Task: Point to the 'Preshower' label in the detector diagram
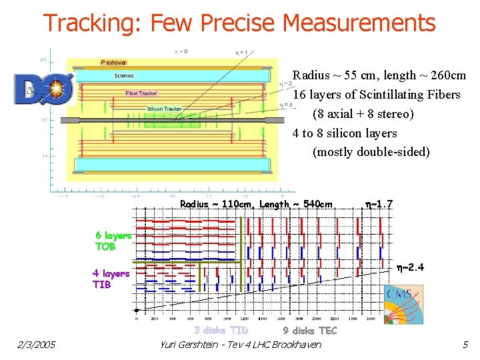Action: tap(114, 63)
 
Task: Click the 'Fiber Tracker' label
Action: tap(141, 93)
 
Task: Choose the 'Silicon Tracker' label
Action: tap(164, 109)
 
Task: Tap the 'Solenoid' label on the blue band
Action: tap(124, 76)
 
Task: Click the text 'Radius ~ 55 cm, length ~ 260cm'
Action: tap(379, 75)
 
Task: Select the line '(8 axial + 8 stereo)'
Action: tap(363, 114)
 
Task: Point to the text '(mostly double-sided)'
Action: tap(371, 152)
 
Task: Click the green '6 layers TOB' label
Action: tap(113, 241)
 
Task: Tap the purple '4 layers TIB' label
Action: tap(111, 279)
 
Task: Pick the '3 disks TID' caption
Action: tap(221, 330)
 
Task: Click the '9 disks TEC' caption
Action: tap(310, 330)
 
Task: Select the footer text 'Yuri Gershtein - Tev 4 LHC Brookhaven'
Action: tap(241, 344)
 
